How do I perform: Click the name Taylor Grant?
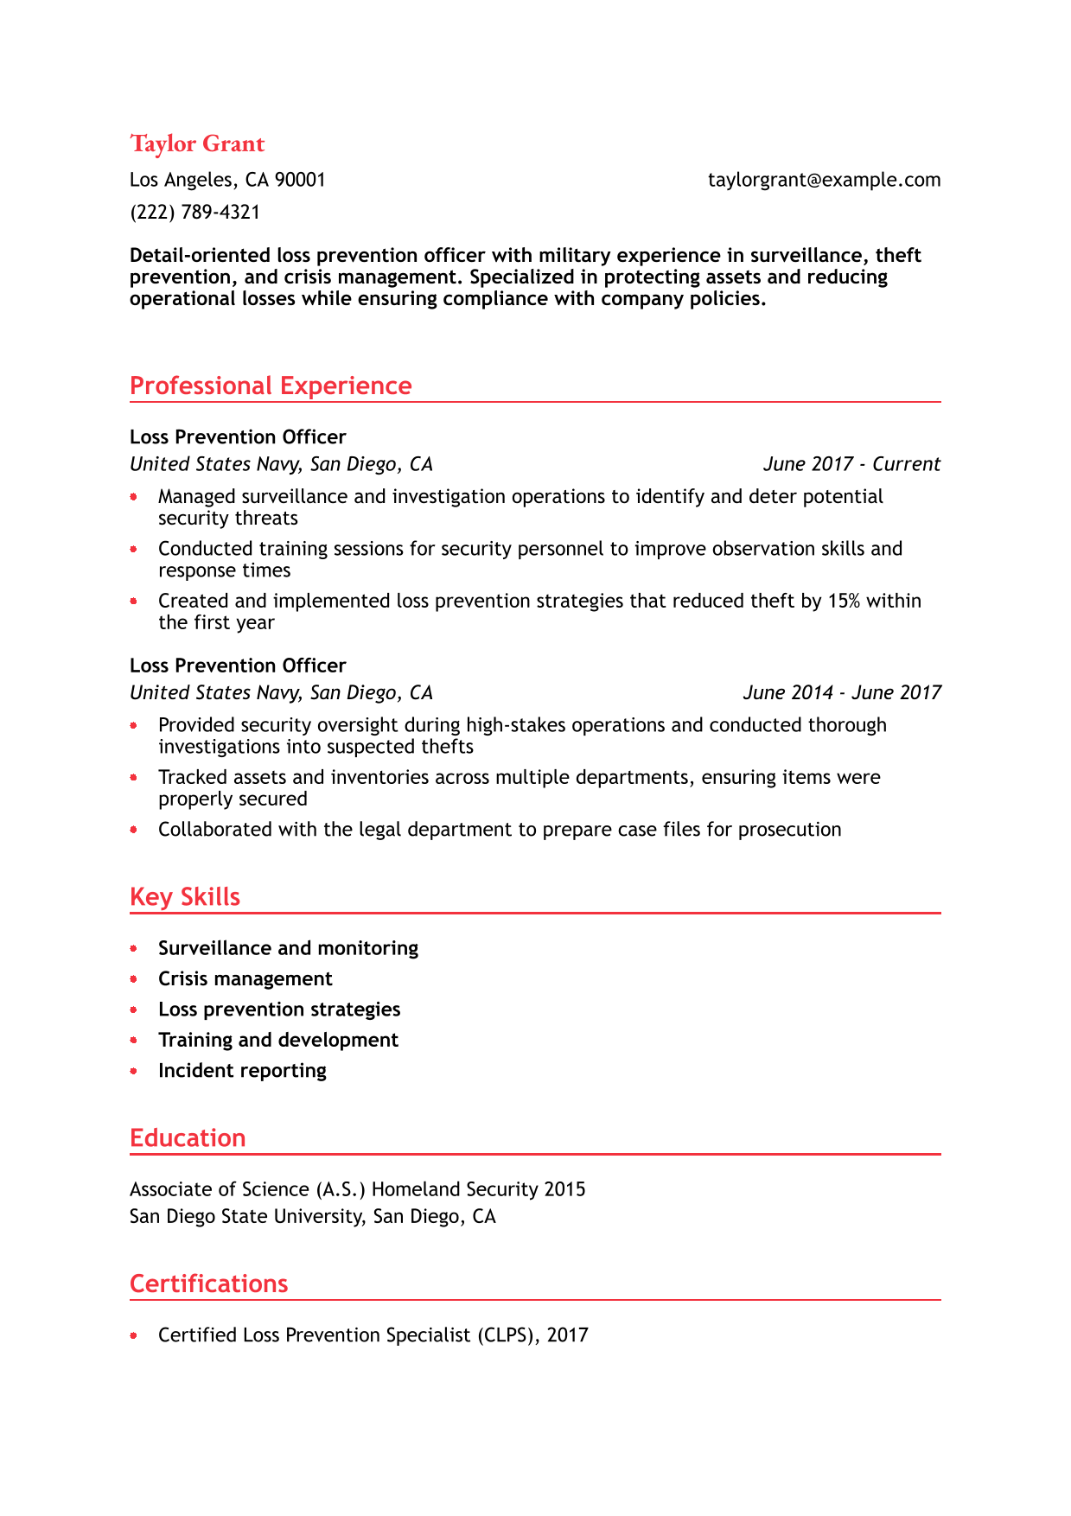[x=197, y=143]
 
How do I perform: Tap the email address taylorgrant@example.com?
[x=824, y=180]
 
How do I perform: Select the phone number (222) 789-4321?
[x=194, y=213]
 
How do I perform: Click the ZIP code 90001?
[x=300, y=180]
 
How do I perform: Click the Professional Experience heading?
[x=271, y=385]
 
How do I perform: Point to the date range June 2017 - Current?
[x=851, y=464]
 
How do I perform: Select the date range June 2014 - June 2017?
[x=842, y=692]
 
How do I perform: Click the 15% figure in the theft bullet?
[x=844, y=601]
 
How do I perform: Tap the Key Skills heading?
[x=185, y=896]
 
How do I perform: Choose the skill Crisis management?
[x=245, y=978]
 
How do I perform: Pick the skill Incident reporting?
[x=242, y=1070]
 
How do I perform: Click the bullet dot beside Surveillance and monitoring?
[x=134, y=948]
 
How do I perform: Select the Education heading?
[x=188, y=1137]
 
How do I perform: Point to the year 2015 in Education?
[x=564, y=1189]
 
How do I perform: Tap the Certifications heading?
[x=208, y=1284]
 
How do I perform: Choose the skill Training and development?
[x=278, y=1040]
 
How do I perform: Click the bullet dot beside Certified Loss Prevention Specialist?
[x=134, y=1335]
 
